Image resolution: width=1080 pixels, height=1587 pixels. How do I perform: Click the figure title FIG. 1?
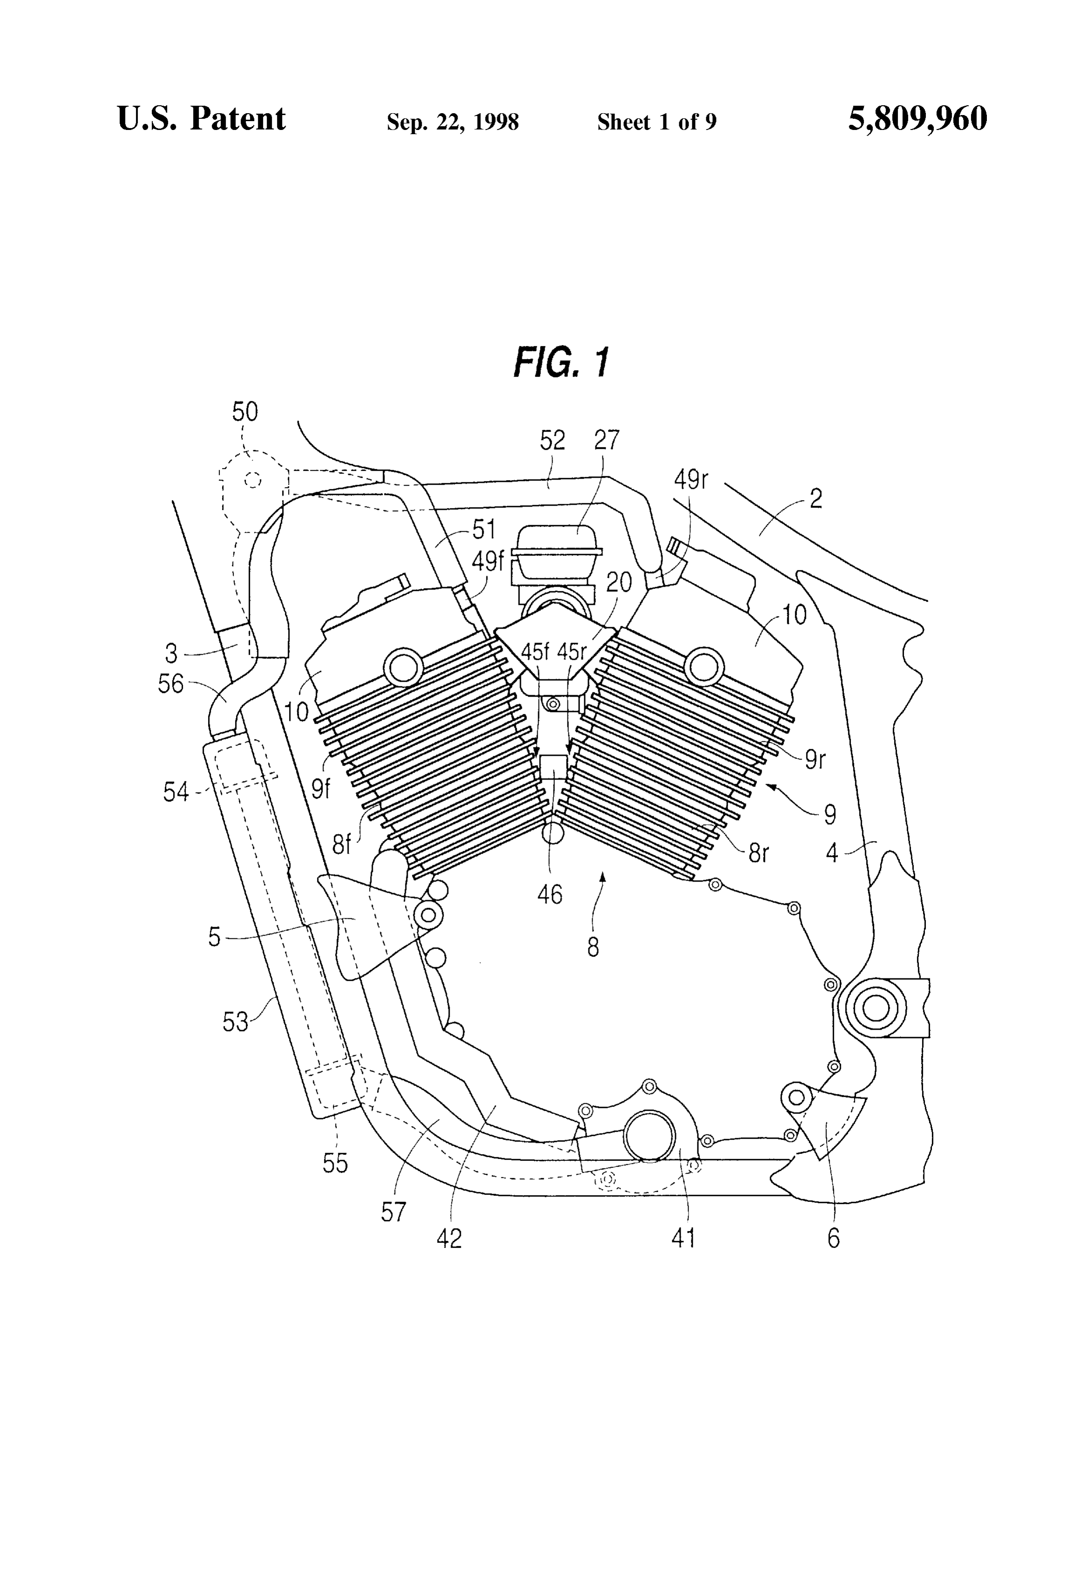(x=561, y=362)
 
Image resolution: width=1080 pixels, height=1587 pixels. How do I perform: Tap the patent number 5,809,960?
(x=917, y=119)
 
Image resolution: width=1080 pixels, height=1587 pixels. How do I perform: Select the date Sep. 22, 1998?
(x=452, y=122)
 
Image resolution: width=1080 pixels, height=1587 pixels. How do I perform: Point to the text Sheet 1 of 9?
(x=657, y=122)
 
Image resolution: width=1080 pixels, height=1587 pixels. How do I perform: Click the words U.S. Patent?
(x=202, y=119)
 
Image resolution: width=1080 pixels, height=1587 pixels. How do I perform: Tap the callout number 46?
(x=550, y=894)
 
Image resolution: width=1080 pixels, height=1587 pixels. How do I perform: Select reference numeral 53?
(x=236, y=1022)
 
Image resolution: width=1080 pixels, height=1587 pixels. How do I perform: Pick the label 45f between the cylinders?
(x=535, y=651)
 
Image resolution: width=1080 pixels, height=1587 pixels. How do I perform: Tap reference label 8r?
(x=758, y=854)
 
